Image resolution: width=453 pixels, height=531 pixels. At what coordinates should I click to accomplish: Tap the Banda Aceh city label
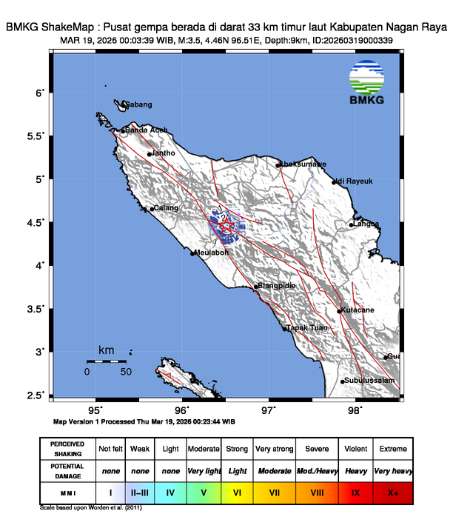coord(146,130)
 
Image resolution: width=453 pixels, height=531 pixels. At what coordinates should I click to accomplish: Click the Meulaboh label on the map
coord(213,253)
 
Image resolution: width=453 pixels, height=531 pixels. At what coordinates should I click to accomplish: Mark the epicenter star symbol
coord(227,227)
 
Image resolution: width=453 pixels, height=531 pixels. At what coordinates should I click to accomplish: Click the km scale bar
coord(107,361)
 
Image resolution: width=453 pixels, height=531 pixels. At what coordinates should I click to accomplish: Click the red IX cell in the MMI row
coord(355,492)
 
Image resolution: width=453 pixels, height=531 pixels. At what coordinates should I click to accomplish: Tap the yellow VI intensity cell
coord(238,492)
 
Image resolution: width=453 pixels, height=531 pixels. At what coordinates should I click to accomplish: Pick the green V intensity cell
coord(202,492)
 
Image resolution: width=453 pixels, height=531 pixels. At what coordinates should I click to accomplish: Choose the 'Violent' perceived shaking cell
coord(355,449)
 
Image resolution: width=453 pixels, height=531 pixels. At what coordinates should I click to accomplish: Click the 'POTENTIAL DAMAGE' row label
coord(67,470)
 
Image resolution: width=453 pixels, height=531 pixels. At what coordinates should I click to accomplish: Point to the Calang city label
coord(166,208)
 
